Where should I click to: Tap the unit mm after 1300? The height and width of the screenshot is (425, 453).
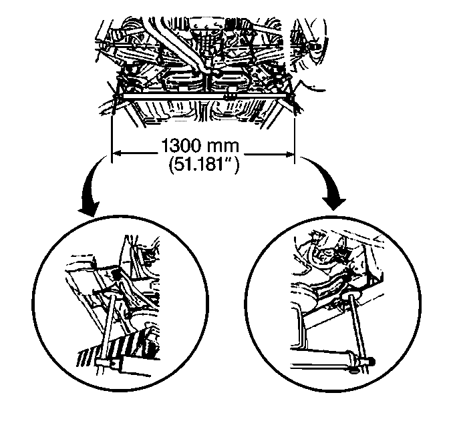[x=223, y=147]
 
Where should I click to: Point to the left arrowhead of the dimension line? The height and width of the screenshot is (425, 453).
[x=116, y=153]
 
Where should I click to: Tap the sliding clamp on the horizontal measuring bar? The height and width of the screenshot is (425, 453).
[x=230, y=95]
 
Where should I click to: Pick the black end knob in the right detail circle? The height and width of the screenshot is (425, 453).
[x=371, y=361]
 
